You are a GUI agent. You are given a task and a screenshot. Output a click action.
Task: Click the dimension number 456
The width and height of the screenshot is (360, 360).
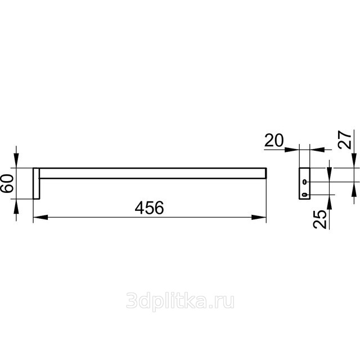click(x=149, y=208)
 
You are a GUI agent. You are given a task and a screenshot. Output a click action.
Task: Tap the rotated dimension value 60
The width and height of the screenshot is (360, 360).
click(x=7, y=183)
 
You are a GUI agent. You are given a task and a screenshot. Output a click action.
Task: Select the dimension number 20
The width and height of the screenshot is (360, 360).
click(x=274, y=140)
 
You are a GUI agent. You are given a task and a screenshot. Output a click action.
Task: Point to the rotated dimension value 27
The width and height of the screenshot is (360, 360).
click(x=345, y=140)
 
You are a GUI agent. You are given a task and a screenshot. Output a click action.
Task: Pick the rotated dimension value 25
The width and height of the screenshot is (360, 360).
click(x=319, y=219)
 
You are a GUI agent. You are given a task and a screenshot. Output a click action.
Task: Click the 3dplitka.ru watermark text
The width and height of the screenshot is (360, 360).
click(x=180, y=301)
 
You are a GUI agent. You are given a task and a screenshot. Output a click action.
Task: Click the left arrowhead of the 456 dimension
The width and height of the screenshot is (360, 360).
click(x=40, y=217)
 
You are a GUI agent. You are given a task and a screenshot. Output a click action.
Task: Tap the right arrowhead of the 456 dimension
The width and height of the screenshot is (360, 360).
click(x=259, y=217)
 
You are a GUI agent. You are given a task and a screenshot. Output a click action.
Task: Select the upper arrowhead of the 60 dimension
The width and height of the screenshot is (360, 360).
click(x=16, y=160)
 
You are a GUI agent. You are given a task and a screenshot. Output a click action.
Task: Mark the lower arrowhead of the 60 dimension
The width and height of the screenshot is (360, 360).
click(x=16, y=206)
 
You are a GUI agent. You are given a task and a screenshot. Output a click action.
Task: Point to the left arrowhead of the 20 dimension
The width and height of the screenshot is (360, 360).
click(x=292, y=150)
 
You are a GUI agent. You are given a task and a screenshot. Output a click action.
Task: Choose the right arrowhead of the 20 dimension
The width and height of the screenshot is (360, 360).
click(x=317, y=150)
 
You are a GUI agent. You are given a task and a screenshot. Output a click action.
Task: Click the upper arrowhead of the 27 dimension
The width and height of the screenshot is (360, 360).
click(x=354, y=160)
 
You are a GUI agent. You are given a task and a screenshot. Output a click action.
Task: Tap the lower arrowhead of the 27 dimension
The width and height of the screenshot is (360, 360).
click(x=354, y=190)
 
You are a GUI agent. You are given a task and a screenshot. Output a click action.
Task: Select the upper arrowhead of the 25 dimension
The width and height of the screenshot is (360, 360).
click(x=329, y=174)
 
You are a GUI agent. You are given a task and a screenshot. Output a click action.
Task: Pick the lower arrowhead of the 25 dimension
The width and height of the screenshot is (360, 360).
click(x=329, y=202)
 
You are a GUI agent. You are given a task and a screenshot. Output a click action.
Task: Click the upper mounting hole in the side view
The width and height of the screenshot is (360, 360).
click(x=305, y=182)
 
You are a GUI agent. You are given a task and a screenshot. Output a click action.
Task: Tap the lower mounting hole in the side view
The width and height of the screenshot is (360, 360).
click(x=305, y=195)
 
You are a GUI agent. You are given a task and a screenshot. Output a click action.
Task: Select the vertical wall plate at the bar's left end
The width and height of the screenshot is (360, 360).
click(x=36, y=183)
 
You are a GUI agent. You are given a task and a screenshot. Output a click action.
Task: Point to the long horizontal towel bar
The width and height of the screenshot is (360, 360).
click(x=153, y=173)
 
